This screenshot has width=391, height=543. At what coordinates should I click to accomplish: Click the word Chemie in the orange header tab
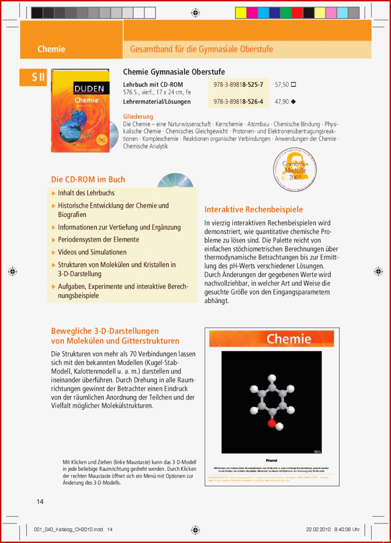tap(51, 49)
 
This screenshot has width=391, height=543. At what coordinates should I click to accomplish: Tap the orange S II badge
tap(38, 77)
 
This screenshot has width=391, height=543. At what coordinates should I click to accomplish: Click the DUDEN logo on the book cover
tap(90, 89)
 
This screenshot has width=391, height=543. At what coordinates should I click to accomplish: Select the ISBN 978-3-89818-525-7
tap(238, 85)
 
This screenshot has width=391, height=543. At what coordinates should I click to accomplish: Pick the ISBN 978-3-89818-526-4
tap(238, 102)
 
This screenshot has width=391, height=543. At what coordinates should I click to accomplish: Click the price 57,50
tap(282, 85)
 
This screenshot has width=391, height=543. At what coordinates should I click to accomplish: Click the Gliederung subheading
tap(138, 116)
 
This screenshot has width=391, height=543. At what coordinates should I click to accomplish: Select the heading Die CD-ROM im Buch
tap(88, 179)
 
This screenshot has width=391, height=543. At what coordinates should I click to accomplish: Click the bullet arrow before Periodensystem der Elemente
tap(54, 240)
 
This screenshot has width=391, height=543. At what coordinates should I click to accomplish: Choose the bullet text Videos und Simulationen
tap(92, 252)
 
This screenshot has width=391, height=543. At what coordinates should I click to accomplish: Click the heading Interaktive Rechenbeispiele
tap(253, 210)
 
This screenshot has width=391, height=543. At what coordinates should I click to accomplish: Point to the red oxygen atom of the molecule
tap(271, 424)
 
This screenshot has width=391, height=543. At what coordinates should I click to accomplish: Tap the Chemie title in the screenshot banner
tap(289, 339)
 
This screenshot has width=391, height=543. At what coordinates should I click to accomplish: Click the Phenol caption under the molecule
tap(272, 460)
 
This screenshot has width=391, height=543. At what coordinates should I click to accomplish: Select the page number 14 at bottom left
tap(40, 502)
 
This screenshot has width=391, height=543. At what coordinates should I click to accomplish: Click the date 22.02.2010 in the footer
tap(318, 530)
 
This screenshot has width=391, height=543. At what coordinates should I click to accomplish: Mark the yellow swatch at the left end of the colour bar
tap(241, 13)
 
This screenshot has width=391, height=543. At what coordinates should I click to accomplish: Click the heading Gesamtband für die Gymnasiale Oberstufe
tap(201, 49)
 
